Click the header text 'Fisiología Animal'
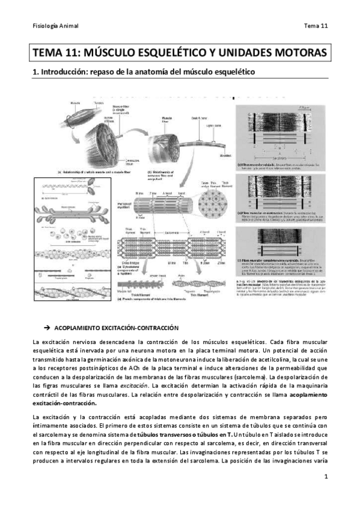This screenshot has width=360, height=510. pos(55,26)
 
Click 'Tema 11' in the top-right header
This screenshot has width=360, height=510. pos(315,26)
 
